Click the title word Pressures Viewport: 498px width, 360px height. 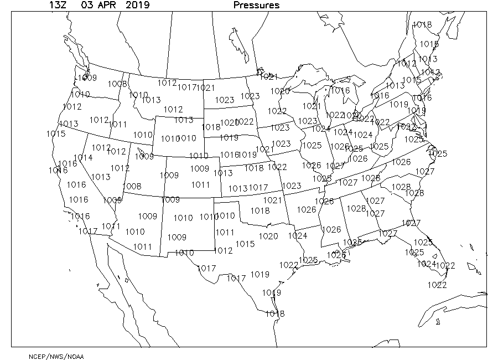click(x=256, y=6)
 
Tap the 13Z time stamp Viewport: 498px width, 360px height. click(x=58, y=6)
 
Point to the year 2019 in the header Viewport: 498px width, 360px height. click(x=137, y=6)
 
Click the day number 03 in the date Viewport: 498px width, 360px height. click(x=86, y=6)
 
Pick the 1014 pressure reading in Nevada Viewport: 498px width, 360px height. click(x=83, y=158)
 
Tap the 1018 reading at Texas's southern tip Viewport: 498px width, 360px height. click(x=275, y=313)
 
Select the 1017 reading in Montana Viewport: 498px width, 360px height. click(x=187, y=88)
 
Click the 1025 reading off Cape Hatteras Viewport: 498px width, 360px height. click(x=438, y=153)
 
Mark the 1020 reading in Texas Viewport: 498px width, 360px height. click(x=268, y=236)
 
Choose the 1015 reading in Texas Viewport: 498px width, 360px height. click(x=245, y=244)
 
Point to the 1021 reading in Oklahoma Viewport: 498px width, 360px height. click(x=272, y=200)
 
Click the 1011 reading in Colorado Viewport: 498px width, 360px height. click(x=201, y=184)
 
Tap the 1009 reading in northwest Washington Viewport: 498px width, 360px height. click(x=87, y=78)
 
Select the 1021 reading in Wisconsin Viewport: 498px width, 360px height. click(x=312, y=106)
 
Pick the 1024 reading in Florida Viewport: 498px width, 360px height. click(x=427, y=264)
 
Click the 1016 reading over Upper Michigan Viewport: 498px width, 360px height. click(x=340, y=91)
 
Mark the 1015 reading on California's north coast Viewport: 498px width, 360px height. click(x=56, y=133)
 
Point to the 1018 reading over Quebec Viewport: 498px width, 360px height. click(x=422, y=25)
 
